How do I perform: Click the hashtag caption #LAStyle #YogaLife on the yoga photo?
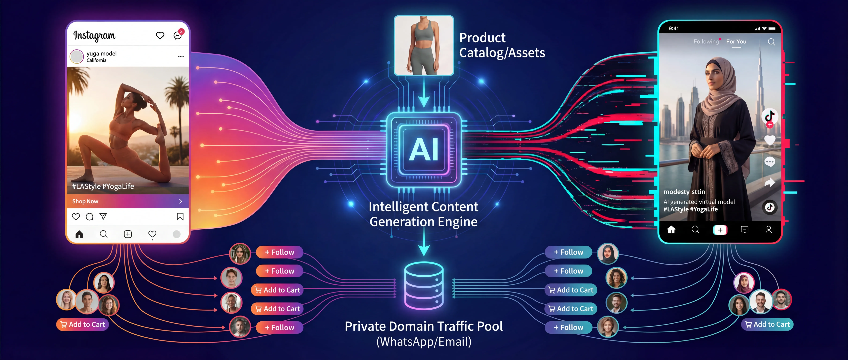click(x=103, y=186)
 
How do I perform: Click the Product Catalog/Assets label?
click(x=502, y=45)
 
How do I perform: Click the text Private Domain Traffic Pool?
click(x=424, y=326)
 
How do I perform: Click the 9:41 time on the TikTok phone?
click(x=673, y=28)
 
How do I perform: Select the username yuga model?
click(x=101, y=53)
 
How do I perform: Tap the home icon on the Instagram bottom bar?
click(x=79, y=234)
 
